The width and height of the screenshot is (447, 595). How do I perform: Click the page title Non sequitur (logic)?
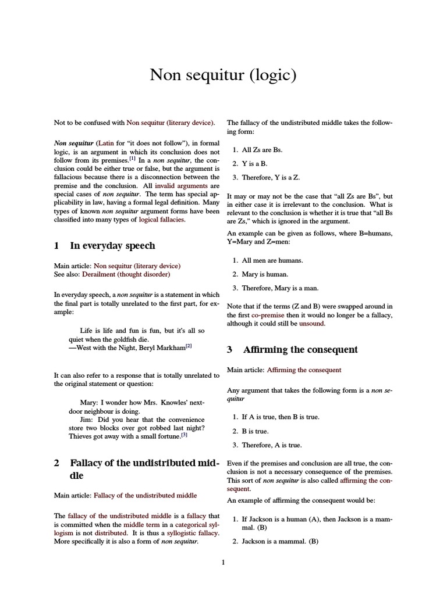pos(223,75)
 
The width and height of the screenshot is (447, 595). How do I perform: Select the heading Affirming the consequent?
pos(300,349)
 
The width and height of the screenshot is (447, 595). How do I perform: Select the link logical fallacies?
pos(162,220)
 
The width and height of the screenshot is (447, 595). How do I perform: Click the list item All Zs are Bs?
pos(262,149)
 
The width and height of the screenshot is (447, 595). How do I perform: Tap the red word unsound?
pos(312,323)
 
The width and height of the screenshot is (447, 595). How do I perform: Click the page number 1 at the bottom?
pos(223,562)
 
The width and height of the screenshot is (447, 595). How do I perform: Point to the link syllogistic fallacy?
pos(192,532)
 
